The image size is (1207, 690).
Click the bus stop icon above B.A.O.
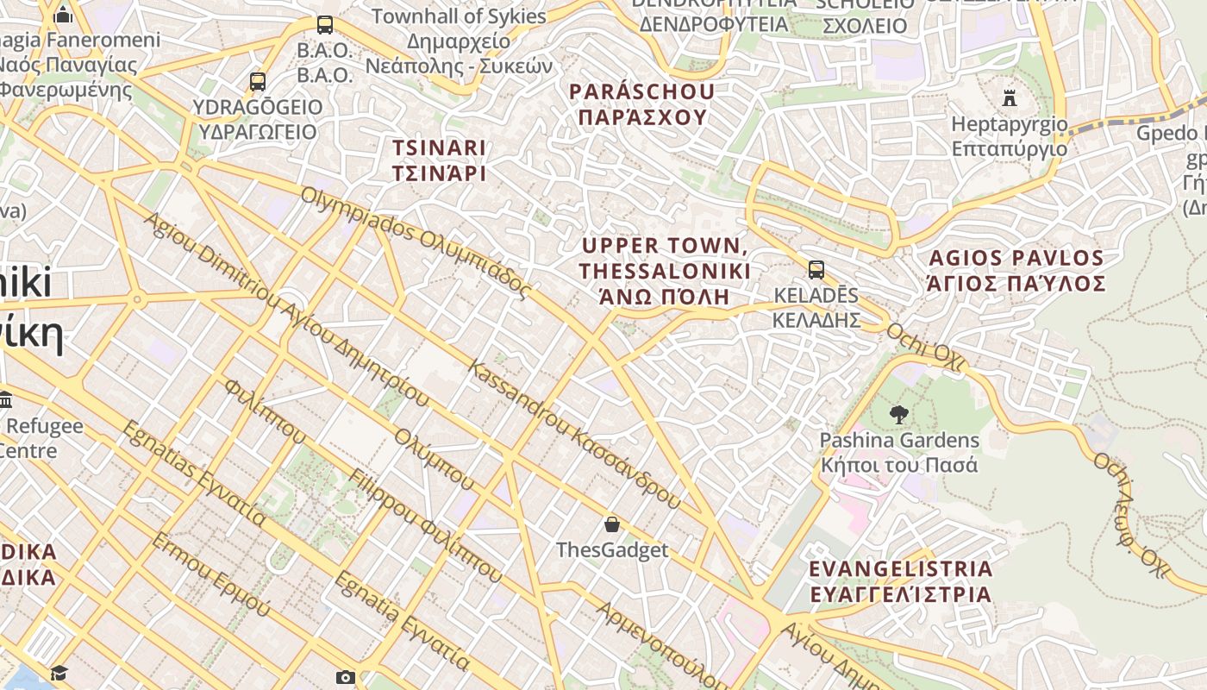coord(325,25)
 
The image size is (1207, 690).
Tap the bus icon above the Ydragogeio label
coord(257,82)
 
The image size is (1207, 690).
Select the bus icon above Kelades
coord(816,270)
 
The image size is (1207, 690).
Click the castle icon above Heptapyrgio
coord(1010,97)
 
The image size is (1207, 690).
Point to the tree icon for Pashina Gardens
coord(898,414)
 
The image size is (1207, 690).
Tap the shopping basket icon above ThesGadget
coord(612,524)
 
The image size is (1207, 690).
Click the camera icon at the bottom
coord(345,677)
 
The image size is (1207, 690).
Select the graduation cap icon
coord(59,673)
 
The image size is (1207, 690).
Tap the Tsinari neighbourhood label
coord(440,160)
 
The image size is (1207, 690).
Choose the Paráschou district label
coord(642,104)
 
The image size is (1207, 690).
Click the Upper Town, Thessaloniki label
coord(665,271)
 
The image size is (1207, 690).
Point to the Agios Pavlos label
coord(1016,270)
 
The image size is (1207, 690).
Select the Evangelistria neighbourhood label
coord(901,581)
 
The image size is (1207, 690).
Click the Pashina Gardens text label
coord(899,452)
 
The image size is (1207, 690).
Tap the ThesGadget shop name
coord(612,550)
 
